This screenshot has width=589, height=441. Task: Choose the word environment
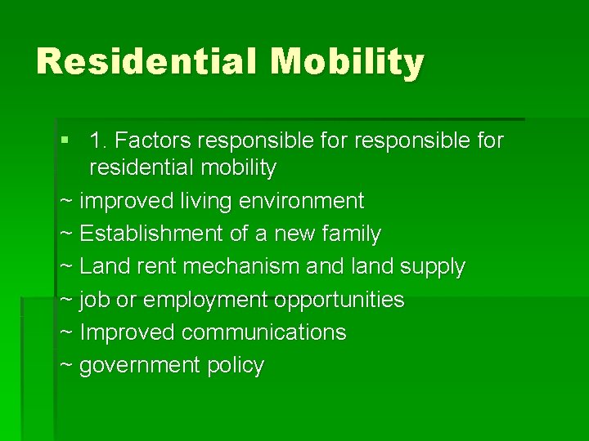point(303,201)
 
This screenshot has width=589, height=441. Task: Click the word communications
point(263,332)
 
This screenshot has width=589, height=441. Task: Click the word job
point(95,300)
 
